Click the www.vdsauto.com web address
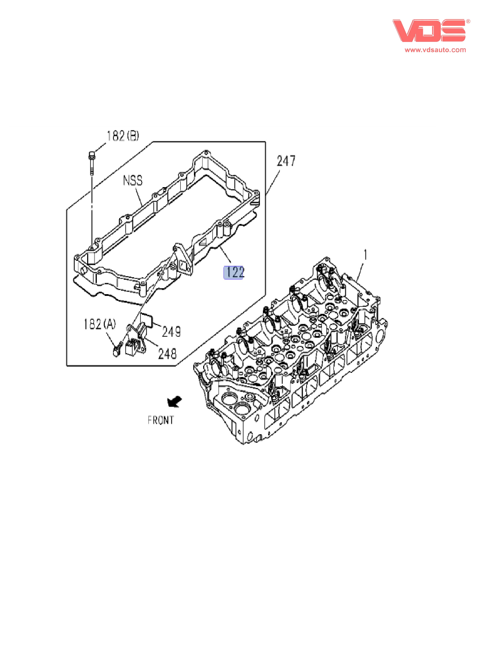click(435, 50)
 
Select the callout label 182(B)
click(123, 136)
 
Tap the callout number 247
click(286, 161)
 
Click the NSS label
click(133, 180)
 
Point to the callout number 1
click(365, 255)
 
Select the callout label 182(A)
click(100, 324)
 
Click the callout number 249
click(171, 331)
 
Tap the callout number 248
click(167, 353)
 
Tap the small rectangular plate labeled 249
click(146, 320)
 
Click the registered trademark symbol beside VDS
click(468, 21)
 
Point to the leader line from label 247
click(273, 182)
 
